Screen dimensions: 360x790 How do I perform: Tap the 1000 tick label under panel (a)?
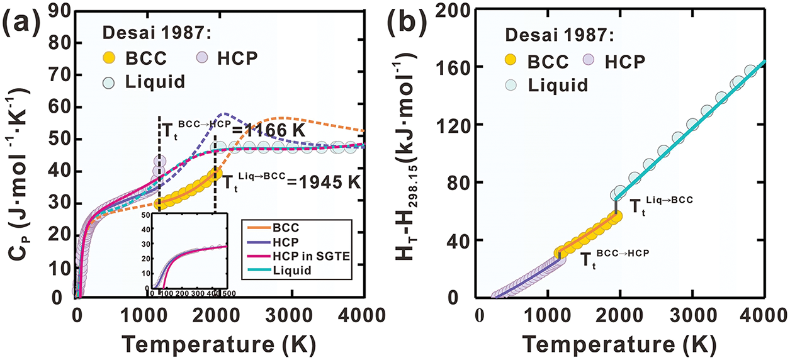pyautogui.click(x=149, y=313)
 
